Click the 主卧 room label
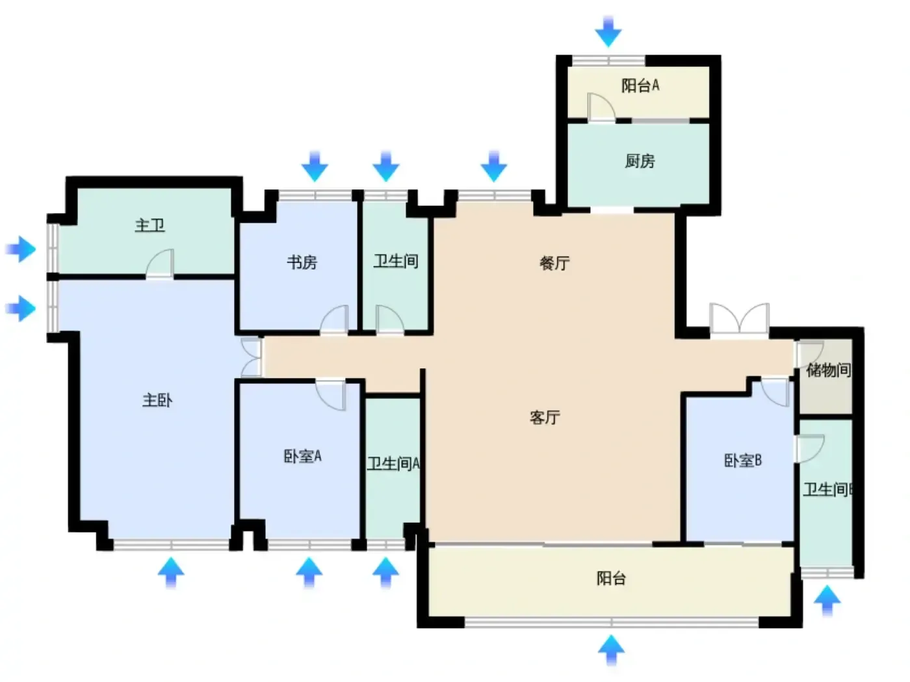[157, 400]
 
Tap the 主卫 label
[150, 225]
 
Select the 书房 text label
[302, 262]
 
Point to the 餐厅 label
[554, 263]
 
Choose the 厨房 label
[640, 160]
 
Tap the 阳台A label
[640, 85]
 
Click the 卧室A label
[303, 456]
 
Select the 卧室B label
[743, 460]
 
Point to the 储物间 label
[829, 370]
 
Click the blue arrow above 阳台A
[608, 32]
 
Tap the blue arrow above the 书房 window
[315, 166]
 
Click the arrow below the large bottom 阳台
[611, 651]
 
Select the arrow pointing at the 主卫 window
[21, 249]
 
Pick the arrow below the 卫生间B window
[827, 600]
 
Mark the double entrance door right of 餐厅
[739, 318]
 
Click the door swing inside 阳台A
[601, 107]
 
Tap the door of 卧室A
[331, 395]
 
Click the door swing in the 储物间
[809, 353]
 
